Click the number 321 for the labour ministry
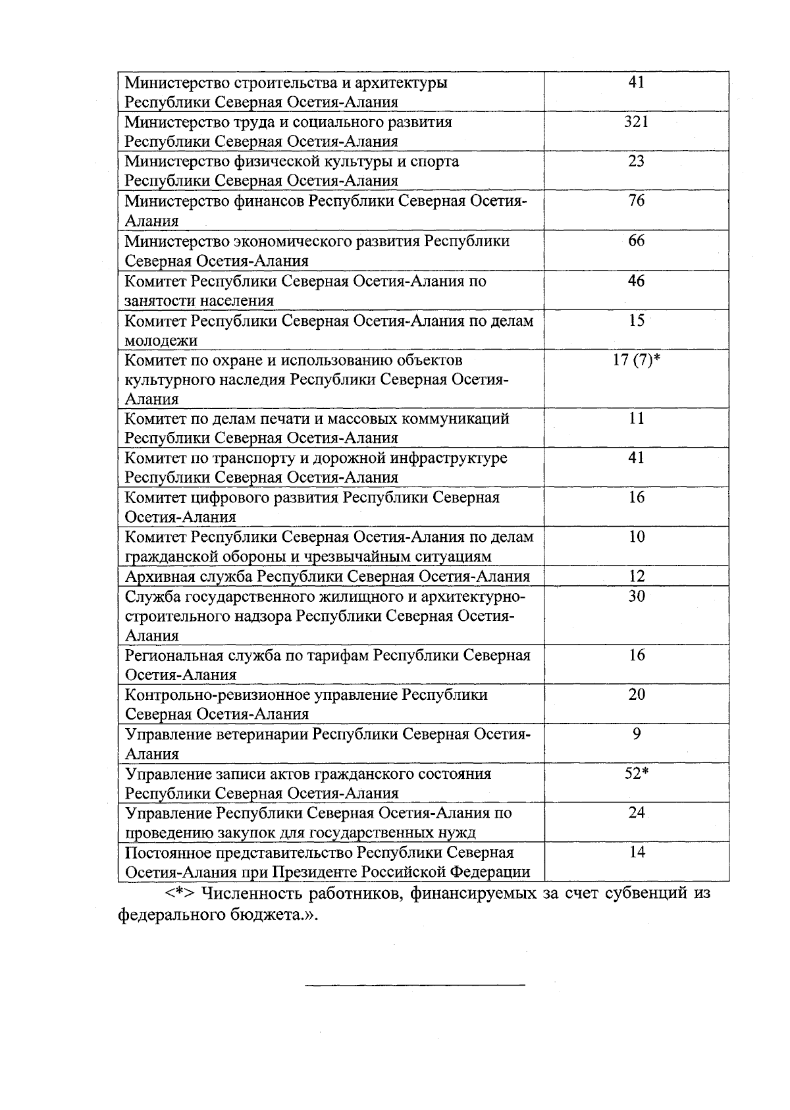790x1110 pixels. pyautogui.click(x=636, y=122)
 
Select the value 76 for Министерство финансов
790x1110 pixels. pyautogui.click(x=636, y=201)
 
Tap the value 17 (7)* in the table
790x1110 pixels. pyautogui.click(x=636, y=360)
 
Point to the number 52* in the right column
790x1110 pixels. pyautogui.click(x=636, y=774)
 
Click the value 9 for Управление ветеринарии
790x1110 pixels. pyautogui.click(x=636, y=734)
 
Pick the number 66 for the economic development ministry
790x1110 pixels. pyautogui.click(x=636, y=241)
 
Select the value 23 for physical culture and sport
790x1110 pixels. pyautogui.click(x=636, y=161)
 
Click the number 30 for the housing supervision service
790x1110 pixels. pyautogui.click(x=636, y=596)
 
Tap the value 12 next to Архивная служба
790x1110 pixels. pyautogui.click(x=636, y=577)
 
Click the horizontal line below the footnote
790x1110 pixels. pyautogui.click(x=415, y=986)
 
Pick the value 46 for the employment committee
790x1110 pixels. pyautogui.click(x=636, y=281)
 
